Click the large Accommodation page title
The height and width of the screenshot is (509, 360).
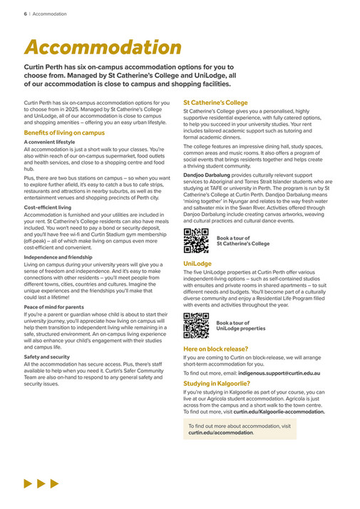pyautogui.click(x=103, y=47)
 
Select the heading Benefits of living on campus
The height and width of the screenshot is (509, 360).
pyautogui.click(x=64, y=133)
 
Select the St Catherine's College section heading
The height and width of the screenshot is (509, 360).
pyautogui.click(x=215, y=103)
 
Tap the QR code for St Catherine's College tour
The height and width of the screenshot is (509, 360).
pyautogui.click(x=195, y=240)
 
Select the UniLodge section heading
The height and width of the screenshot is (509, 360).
pyautogui.click(x=197, y=263)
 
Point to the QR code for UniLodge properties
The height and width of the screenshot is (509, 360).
pyautogui.click(x=195, y=325)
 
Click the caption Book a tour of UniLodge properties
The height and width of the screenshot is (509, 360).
pyautogui.click(x=241, y=326)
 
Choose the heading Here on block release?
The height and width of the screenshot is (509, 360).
pyautogui.click(x=215, y=349)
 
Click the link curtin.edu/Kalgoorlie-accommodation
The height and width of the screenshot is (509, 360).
pyautogui.click(x=279, y=411)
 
